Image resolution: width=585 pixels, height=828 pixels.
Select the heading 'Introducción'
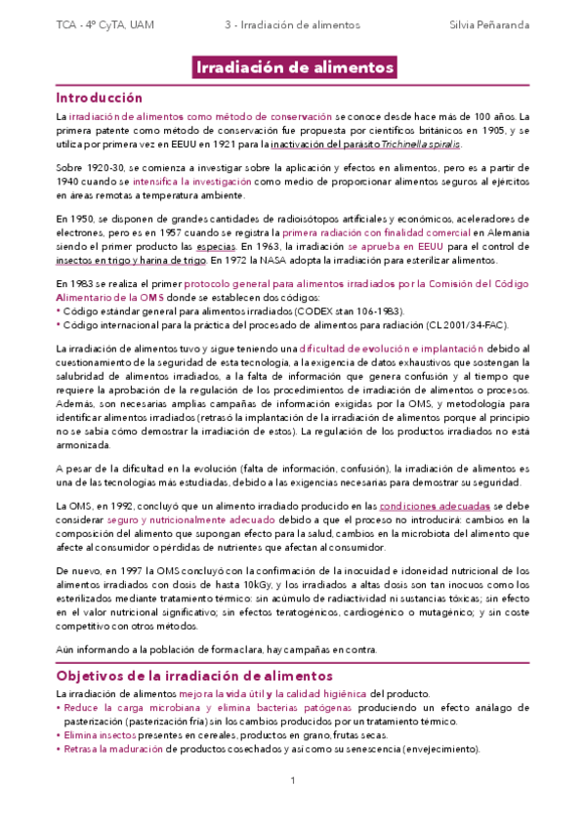[99, 98]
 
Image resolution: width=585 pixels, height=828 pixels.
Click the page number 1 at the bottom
[293, 780]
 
